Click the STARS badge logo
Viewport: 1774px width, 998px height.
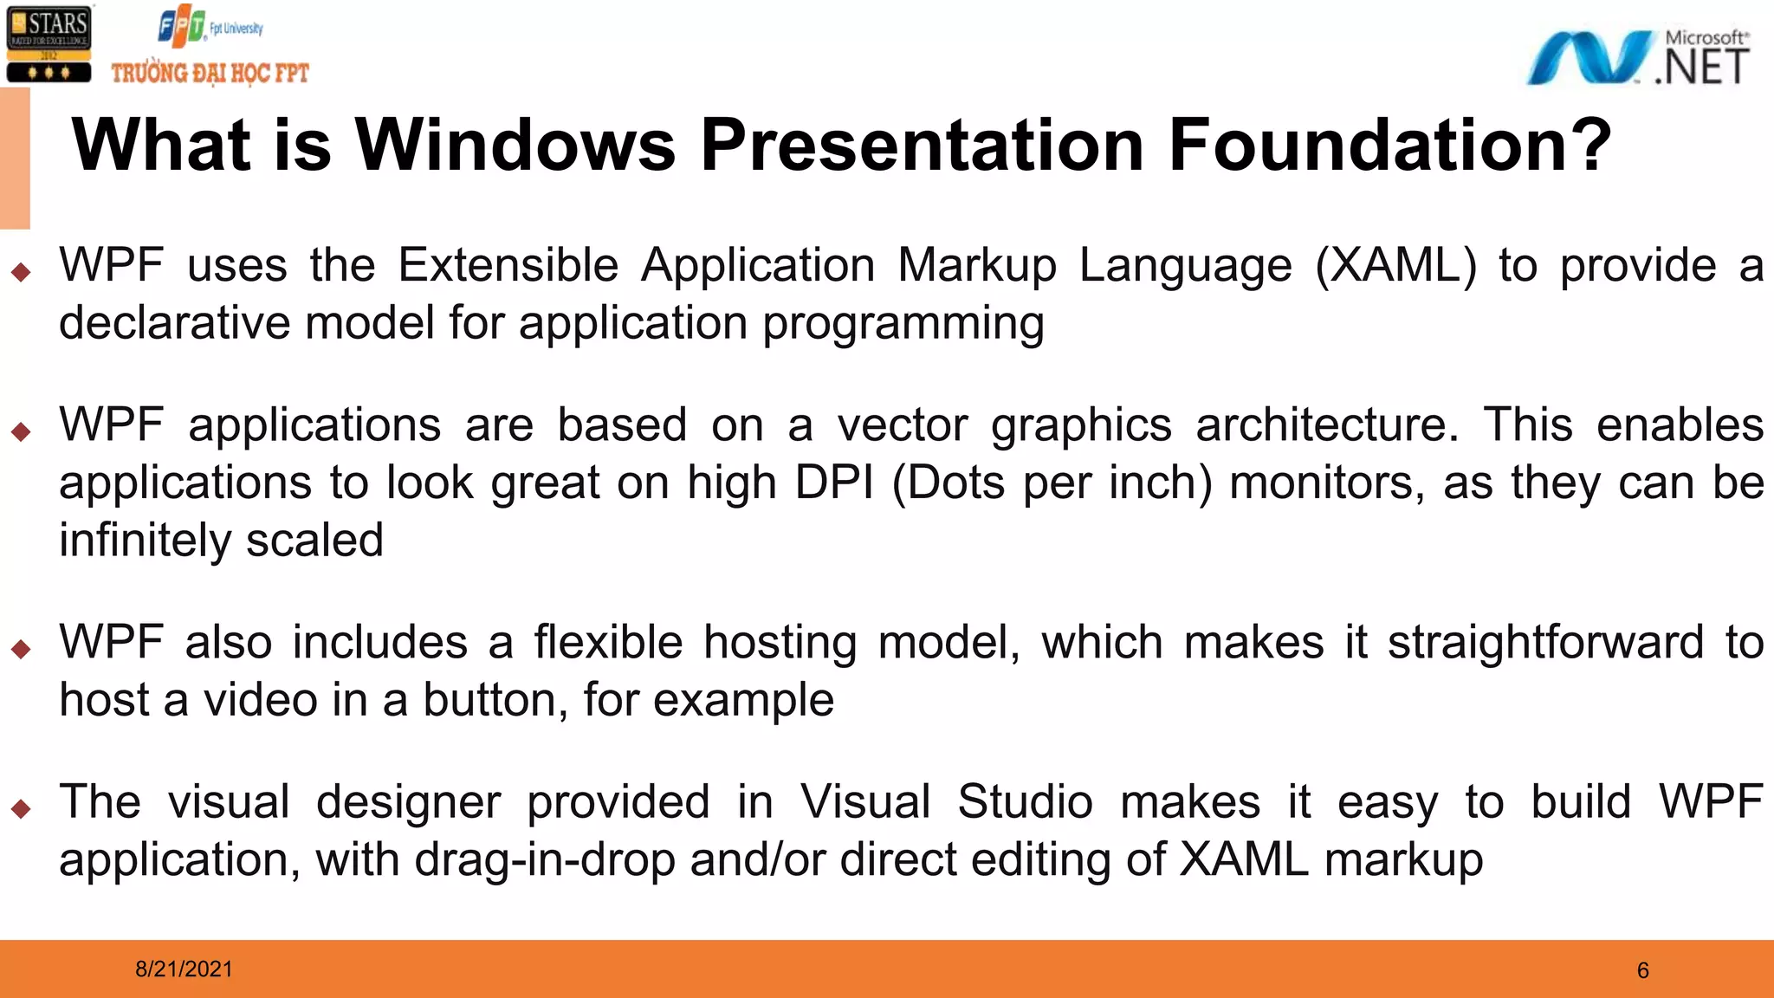tap(49, 43)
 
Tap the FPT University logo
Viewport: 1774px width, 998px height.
tap(210, 27)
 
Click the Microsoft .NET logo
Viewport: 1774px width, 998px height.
tap(1637, 57)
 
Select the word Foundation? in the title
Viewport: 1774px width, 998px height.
tap(1389, 145)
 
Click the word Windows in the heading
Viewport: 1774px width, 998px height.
tap(515, 145)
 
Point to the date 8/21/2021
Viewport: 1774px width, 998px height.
tap(184, 969)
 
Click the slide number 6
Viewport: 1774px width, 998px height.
tap(1642, 970)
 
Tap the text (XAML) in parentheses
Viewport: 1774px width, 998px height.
tap(1395, 265)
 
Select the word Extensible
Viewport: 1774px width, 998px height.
tap(508, 265)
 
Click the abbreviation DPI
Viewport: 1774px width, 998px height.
tap(833, 483)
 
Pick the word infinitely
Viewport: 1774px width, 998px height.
tap(144, 541)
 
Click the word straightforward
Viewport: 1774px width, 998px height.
tap(1545, 643)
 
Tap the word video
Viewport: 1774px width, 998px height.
tap(261, 700)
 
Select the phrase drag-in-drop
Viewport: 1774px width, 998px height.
tap(545, 860)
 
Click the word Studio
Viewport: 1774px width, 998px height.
tap(1025, 802)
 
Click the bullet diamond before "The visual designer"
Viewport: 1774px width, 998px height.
tap(22, 809)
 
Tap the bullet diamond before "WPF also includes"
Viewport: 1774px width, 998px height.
tap(22, 649)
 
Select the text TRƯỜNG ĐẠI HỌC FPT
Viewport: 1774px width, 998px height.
tap(210, 73)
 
